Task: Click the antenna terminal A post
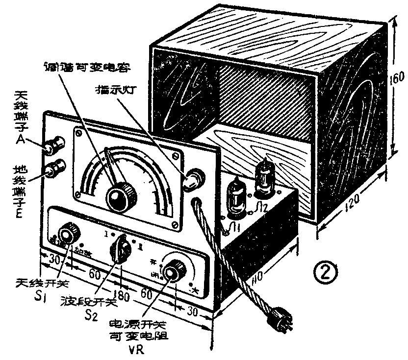coord(54,145)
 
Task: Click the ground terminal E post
coord(54,170)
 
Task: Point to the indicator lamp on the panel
coord(193,179)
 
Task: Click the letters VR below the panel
coord(131,351)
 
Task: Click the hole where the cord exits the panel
coord(196,202)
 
